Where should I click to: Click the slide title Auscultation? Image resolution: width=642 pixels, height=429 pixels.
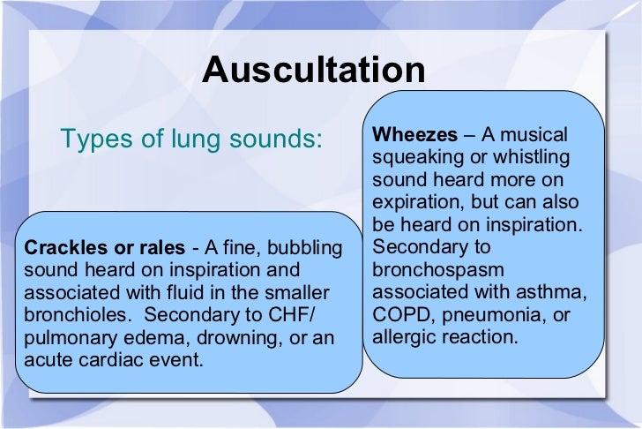coord(313,71)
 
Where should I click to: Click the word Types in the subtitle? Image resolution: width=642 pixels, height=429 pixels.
coord(93,139)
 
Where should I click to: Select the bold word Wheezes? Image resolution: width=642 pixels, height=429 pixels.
coord(414,135)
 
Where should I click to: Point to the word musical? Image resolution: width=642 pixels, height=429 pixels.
coord(535,135)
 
